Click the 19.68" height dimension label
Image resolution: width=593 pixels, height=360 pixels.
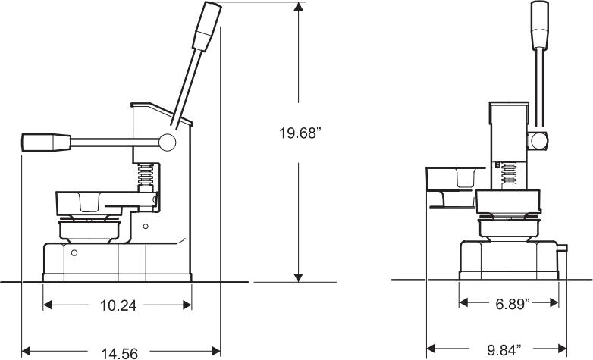pos(300,133)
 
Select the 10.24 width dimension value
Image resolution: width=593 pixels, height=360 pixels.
pos(118,305)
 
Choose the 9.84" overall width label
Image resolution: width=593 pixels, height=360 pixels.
pos(504,350)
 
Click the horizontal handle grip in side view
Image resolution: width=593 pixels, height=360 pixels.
pos(45,142)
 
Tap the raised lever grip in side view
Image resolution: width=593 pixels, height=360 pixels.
pos(209,26)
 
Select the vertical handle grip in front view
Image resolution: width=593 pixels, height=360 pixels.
pos(539,22)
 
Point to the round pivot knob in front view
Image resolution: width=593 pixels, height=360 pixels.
pos(539,140)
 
